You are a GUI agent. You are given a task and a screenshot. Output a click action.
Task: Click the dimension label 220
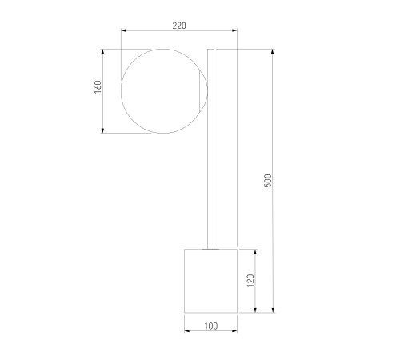(179, 26)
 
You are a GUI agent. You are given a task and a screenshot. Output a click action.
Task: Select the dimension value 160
(98, 87)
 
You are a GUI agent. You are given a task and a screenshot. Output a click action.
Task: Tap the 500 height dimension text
(268, 181)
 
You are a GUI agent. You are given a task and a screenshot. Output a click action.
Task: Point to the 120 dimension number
(250, 280)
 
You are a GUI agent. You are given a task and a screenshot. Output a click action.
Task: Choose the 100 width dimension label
(211, 326)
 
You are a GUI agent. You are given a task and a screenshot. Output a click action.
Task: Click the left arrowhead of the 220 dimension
(123, 30)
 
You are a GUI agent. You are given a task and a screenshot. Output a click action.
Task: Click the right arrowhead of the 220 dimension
(234, 30)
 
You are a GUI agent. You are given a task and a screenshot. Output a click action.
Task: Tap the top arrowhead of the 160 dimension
(102, 52)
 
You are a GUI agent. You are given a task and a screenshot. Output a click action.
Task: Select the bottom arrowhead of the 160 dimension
(102, 130)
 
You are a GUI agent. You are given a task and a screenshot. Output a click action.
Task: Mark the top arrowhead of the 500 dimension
(273, 52)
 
